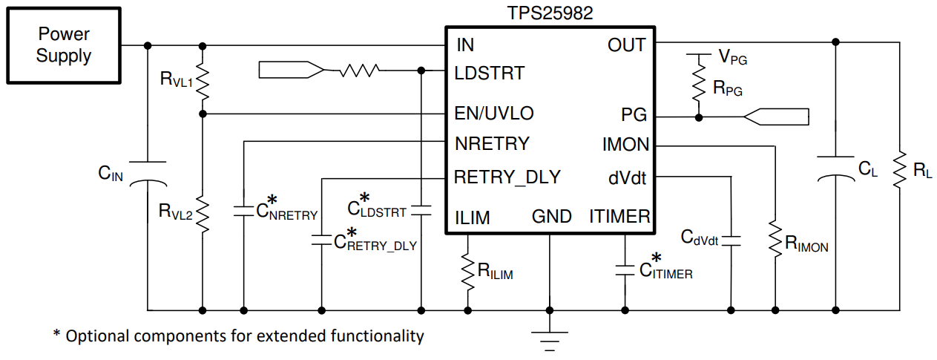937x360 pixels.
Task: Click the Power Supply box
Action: click(64, 45)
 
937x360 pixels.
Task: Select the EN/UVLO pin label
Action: click(493, 114)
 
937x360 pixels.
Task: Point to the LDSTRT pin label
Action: click(489, 73)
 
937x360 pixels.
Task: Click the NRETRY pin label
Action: click(492, 143)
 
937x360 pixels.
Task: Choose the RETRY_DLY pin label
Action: click(507, 177)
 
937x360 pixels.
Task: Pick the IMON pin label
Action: click(625, 145)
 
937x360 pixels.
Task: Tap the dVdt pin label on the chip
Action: click(628, 178)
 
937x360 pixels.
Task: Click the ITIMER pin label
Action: click(619, 217)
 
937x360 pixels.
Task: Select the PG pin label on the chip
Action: click(634, 115)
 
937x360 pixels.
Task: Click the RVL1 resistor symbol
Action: click(203, 82)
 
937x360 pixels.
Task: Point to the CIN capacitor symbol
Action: click(148, 172)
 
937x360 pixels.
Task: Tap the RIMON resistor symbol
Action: click(776, 239)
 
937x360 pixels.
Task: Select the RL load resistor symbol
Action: click(900, 171)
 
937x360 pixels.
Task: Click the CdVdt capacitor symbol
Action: click(731, 240)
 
